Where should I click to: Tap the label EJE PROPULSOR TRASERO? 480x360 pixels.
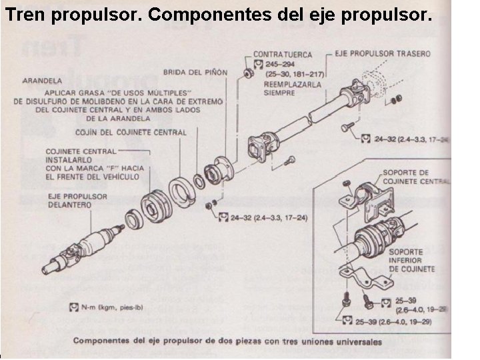(383, 53)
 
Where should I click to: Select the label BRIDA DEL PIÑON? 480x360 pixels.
(195, 71)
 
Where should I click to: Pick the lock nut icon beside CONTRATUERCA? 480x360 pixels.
(246, 67)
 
